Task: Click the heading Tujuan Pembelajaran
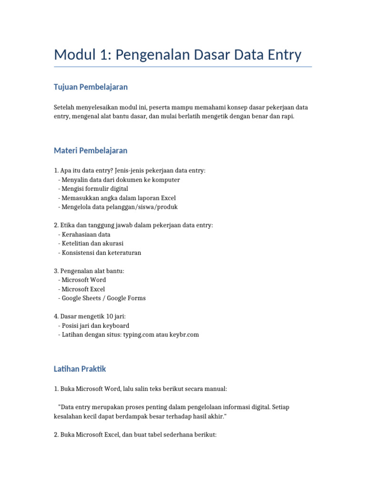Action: point(91,87)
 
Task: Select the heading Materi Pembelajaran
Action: point(91,151)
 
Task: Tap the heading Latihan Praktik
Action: point(80,369)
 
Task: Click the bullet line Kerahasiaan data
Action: point(86,234)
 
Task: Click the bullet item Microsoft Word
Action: point(83,280)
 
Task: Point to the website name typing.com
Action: point(139,335)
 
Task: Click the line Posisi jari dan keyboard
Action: point(95,325)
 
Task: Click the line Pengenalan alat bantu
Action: point(89,271)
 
